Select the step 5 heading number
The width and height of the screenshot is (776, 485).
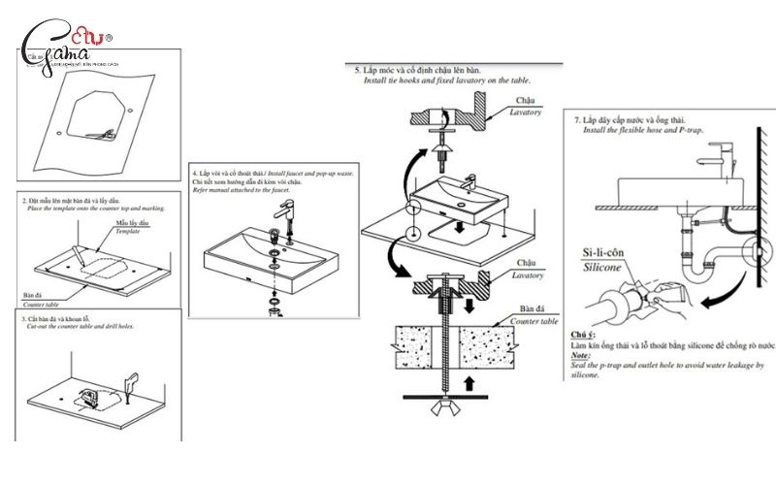click(x=358, y=71)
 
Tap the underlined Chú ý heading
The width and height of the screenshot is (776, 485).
click(x=585, y=335)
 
